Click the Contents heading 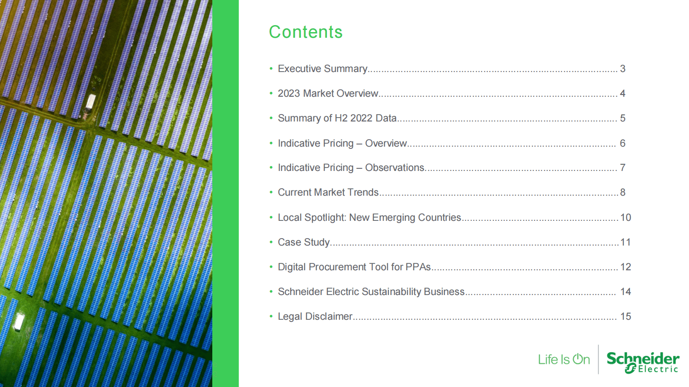click(306, 32)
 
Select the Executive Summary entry click(323, 69)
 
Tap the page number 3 click(623, 69)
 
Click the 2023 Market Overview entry click(328, 93)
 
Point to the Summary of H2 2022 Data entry click(337, 118)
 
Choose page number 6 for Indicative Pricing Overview click(623, 143)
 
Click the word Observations click(395, 167)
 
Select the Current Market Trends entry click(328, 192)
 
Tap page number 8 click(623, 192)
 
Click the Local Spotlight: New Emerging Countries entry click(369, 217)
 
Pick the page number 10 click(626, 217)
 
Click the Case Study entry click(303, 242)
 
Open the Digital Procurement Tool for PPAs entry click(354, 267)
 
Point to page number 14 click(626, 292)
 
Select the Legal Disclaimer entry click(315, 316)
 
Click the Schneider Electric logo click(643, 363)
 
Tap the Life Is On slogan click(564, 359)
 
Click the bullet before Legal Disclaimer click(271, 316)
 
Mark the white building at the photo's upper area click(90, 102)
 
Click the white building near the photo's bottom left click(19, 321)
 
